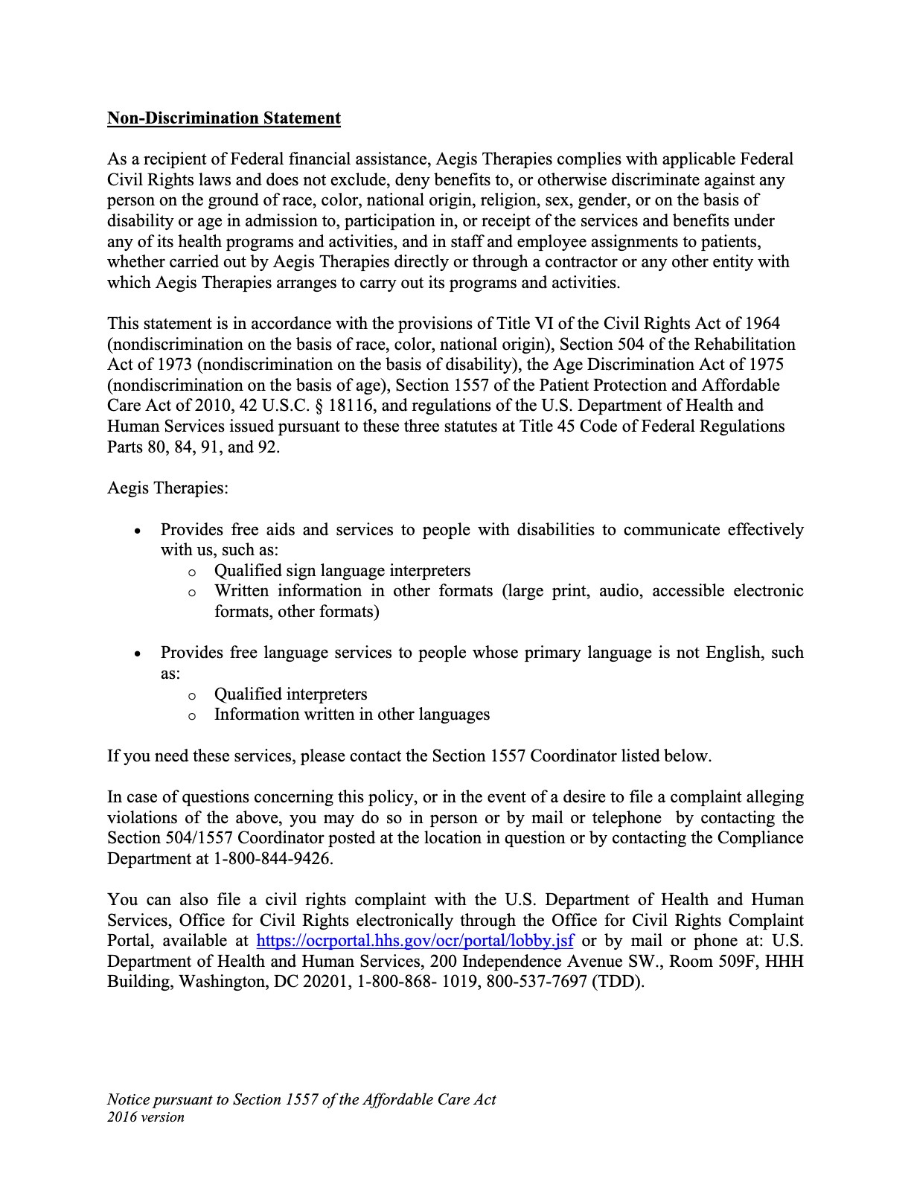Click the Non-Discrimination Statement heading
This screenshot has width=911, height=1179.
point(224,118)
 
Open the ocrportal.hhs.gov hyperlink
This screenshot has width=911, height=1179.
point(415,941)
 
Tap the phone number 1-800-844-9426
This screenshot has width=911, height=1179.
point(272,859)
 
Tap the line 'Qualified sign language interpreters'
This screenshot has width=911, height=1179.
point(342,571)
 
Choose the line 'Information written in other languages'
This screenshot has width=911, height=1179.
point(352,715)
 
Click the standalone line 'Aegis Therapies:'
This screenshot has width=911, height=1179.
point(168,488)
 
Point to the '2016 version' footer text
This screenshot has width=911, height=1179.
point(146,1117)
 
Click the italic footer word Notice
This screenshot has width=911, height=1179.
point(128,1100)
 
